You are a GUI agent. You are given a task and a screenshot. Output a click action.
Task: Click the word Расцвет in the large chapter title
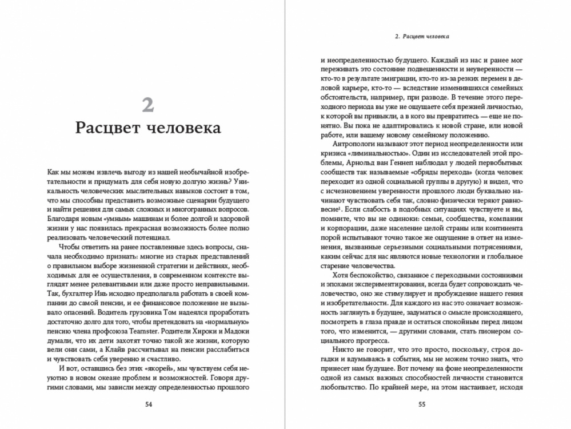click(108, 129)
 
